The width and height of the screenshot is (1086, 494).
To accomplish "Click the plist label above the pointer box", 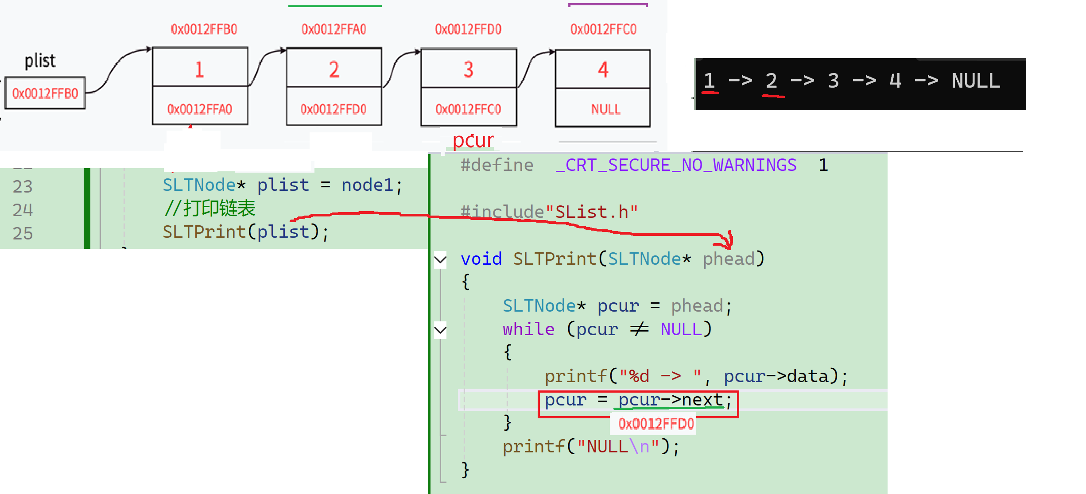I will click(x=40, y=60).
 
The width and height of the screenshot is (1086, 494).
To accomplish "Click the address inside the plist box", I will click(x=45, y=93).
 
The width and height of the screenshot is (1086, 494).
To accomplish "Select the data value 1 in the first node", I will click(x=199, y=69).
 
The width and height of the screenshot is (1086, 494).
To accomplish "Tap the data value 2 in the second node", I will click(x=334, y=69).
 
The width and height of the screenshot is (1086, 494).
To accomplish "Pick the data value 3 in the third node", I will click(x=468, y=69).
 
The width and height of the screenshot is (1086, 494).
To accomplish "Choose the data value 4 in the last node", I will click(x=603, y=69).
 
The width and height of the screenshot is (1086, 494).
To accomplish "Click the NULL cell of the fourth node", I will click(x=605, y=109).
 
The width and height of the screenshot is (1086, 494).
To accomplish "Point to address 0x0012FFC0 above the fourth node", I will click(x=603, y=29).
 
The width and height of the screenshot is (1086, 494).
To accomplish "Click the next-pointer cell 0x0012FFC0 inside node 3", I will click(x=468, y=109).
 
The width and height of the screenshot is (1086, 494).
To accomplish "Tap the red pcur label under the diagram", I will click(x=473, y=140).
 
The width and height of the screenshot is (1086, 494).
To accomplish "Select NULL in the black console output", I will click(x=976, y=81).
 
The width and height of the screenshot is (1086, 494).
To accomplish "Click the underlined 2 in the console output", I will click(x=771, y=81).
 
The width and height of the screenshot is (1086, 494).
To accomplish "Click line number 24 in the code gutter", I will click(x=23, y=210).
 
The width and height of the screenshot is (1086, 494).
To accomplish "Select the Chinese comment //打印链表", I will click(x=209, y=208).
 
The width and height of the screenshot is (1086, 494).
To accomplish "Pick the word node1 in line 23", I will click(x=367, y=185).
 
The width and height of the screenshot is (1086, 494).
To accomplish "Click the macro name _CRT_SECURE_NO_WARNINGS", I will click(x=676, y=165).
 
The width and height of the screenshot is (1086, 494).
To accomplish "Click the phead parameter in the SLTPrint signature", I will click(x=729, y=259).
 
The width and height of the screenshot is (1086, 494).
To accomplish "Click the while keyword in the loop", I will click(x=528, y=329).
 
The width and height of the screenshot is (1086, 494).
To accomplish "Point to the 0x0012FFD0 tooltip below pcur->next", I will click(x=655, y=424).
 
